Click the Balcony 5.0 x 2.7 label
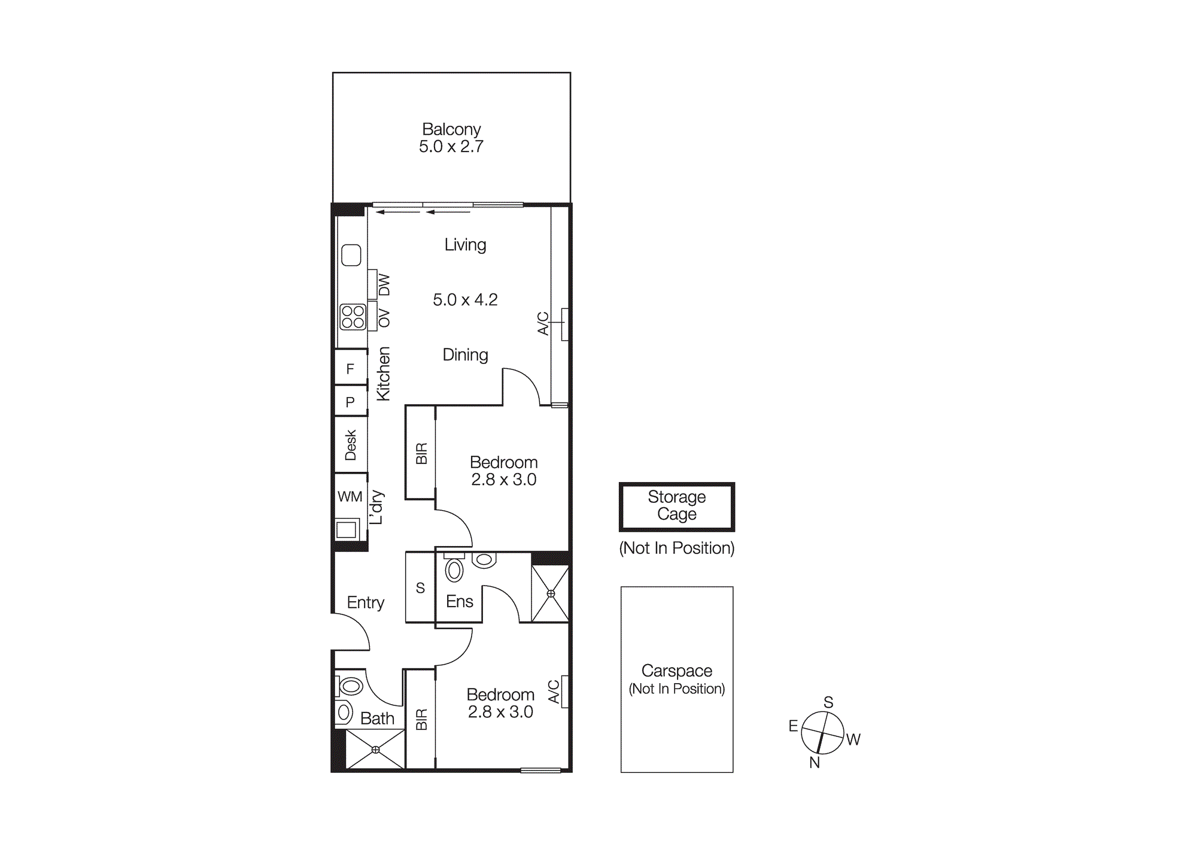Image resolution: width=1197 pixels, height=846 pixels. (451, 138)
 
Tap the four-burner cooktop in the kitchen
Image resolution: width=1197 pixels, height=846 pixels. (353, 317)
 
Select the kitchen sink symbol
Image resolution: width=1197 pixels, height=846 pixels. (351, 255)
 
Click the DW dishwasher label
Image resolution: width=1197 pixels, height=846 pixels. (384, 284)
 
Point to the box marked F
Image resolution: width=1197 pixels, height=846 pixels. (350, 369)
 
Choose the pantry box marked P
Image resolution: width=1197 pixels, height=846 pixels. (350, 402)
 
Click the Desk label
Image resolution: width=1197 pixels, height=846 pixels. (351, 445)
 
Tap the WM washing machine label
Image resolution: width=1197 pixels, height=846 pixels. (350, 496)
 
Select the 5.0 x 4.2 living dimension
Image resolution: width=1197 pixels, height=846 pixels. (465, 299)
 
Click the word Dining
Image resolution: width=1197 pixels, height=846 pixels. (465, 354)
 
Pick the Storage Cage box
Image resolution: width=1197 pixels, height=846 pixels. (676, 506)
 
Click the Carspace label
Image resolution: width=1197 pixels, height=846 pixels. (676, 671)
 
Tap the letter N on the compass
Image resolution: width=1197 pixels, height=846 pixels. (814, 762)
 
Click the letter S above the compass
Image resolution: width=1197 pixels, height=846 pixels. (828, 702)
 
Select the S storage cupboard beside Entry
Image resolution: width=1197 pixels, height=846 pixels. (420, 588)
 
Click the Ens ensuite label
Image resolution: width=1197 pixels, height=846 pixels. (459, 601)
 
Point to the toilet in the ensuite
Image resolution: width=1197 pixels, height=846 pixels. (454, 569)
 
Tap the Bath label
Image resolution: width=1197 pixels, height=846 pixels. (377, 718)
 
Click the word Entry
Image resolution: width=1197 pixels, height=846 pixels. (365, 602)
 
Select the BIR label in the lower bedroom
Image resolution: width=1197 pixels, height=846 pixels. (421, 719)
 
